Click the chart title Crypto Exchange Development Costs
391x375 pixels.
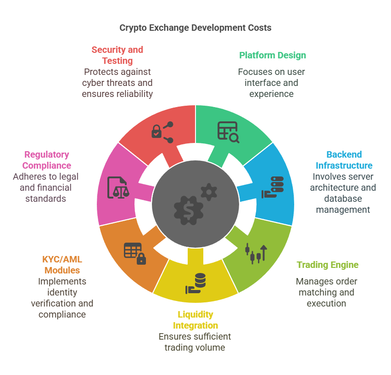[x=195, y=28]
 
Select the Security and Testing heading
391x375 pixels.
[x=117, y=55]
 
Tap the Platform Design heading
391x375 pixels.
[x=272, y=56]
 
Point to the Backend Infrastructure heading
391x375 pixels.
[x=344, y=160]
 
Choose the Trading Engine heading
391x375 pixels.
[x=327, y=265]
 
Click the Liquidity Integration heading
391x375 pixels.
[x=195, y=320]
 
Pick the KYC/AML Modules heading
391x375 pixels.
[x=62, y=265]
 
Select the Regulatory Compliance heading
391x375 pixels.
[x=47, y=160]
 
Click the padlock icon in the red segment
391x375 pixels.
[x=157, y=132]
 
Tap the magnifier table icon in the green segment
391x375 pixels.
[x=228, y=132]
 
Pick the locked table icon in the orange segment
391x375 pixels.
[x=135, y=254]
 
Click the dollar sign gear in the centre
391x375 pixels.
[x=189, y=209]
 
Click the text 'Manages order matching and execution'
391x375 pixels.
[x=326, y=292]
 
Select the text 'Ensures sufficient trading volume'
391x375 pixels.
[x=195, y=342]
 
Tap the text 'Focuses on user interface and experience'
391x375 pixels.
[x=271, y=83]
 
